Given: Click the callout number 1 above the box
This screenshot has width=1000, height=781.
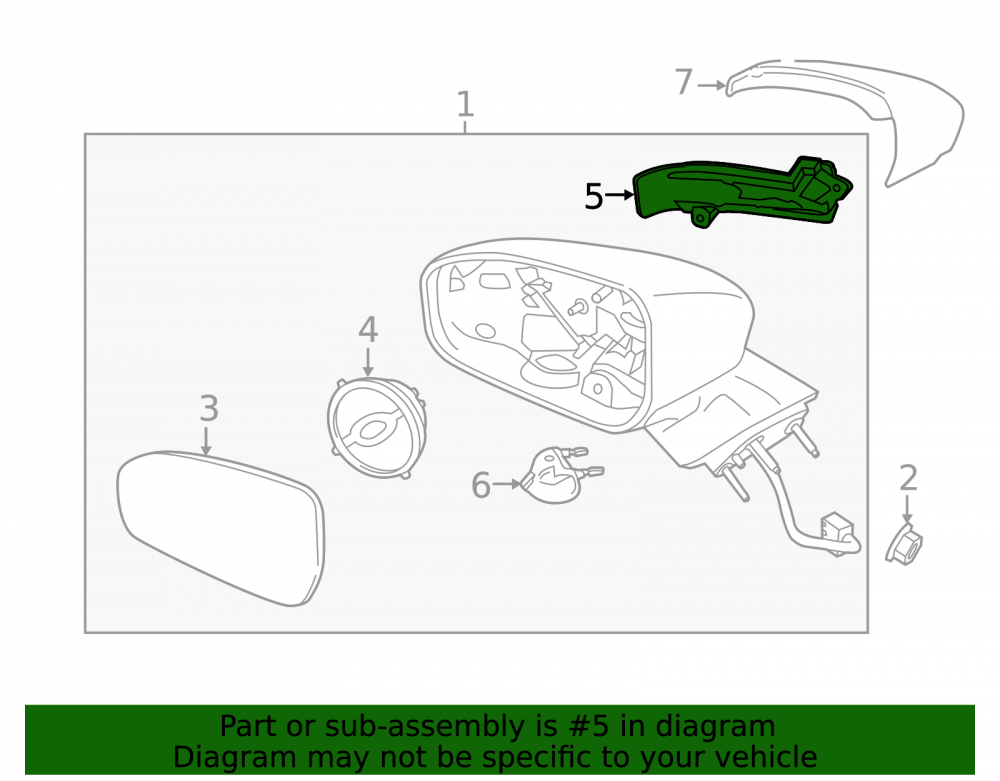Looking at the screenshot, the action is click(x=466, y=104).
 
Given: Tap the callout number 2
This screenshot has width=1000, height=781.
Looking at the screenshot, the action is click(x=908, y=478).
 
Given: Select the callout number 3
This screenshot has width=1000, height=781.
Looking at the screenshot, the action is click(x=209, y=408).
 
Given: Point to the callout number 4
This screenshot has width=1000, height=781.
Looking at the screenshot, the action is click(x=368, y=330).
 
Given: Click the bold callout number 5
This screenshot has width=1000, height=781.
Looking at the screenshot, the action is click(x=594, y=196).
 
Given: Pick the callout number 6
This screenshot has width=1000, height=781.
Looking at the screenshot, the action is click(x=481, y=485).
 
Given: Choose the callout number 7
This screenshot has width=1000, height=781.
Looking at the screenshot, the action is click(x=684, y=82).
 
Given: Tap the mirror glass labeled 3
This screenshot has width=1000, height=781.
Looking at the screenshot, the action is click(x=221, y=528).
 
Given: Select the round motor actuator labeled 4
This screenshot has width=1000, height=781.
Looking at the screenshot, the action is click(x=376, y=427).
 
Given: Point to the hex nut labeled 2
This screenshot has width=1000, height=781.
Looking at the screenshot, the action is click(x=904, y=545).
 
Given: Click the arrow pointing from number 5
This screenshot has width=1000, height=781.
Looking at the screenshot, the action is click(x=619, y=195).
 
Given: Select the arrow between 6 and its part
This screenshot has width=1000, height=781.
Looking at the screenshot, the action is click(x=507, y=485).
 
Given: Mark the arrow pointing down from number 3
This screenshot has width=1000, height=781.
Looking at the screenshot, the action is click(x=205, y=441).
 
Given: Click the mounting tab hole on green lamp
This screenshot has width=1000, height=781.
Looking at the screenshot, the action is click(x=701, y=218).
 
